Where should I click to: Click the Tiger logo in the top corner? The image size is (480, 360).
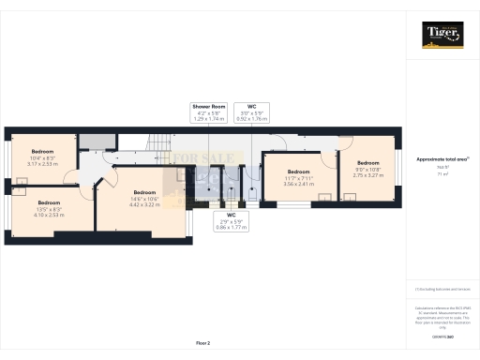(x=442, y=36)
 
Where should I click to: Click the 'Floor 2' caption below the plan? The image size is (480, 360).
(x=203, y=344)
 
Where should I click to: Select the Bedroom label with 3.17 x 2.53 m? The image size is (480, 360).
(x=43, y=157)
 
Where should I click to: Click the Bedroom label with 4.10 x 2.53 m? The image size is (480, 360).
(x=49, y=207)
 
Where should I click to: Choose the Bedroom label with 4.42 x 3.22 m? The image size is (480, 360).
(x=144, y=198)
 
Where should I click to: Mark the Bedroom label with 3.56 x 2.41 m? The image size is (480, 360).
(x=298, y=177)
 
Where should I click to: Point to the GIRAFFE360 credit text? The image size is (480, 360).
(x=442, y=335)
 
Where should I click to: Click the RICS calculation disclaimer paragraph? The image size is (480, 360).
(x=442, y=317)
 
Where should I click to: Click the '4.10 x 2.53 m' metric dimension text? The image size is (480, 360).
(x=49, y=213)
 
